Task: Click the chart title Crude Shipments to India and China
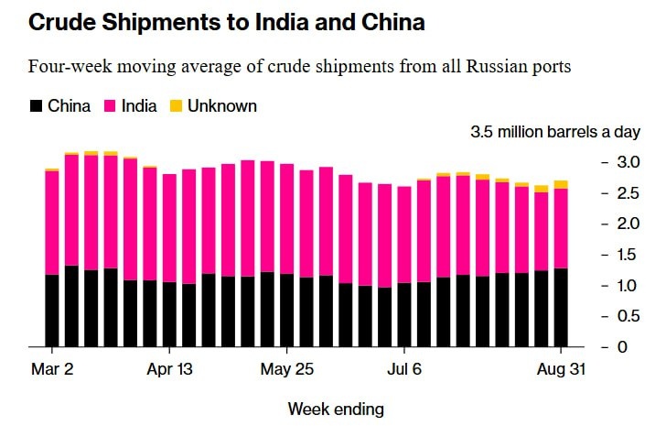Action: pos(227,23)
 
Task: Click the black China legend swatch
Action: pos(37,106)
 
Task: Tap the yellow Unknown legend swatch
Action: pos(177,106)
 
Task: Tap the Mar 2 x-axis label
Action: pos(51,370)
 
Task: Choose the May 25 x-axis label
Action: pos(286,370)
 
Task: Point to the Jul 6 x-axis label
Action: pos(403,370)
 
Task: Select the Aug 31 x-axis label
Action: pos(560,370)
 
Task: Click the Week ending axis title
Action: pos(336,408)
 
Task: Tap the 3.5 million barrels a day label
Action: pos(555,132)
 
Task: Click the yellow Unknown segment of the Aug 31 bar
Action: pos(561,184)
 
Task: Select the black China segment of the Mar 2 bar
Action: pos(51,311)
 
